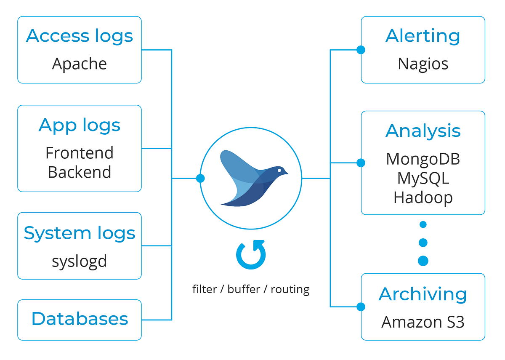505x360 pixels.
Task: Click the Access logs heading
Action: pos(80,36)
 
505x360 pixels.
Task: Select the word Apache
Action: pos(80,64)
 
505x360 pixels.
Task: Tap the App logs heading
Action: pos(80,125)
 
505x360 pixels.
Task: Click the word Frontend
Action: pos(80,153)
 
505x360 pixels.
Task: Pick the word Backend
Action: pos(80,172)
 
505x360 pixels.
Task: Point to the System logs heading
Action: pos(80,233)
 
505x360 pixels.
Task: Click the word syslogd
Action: pos(80,261)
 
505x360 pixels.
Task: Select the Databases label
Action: pos(80,319)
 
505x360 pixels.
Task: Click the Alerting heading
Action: pos(423,36)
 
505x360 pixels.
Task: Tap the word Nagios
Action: pos(423,64)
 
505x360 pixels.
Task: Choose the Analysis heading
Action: pos(423,131)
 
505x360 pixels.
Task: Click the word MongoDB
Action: pos(423,159)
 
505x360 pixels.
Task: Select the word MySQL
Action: pos(423,178)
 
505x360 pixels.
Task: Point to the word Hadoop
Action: pos(423,197)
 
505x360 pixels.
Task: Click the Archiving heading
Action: pos(423,294)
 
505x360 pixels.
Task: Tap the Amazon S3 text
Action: pos(423,322)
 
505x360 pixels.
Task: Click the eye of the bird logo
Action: pos(282,170)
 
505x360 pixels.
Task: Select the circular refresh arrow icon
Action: pos(251,255)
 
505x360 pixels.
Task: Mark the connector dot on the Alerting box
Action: pos(361,50)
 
